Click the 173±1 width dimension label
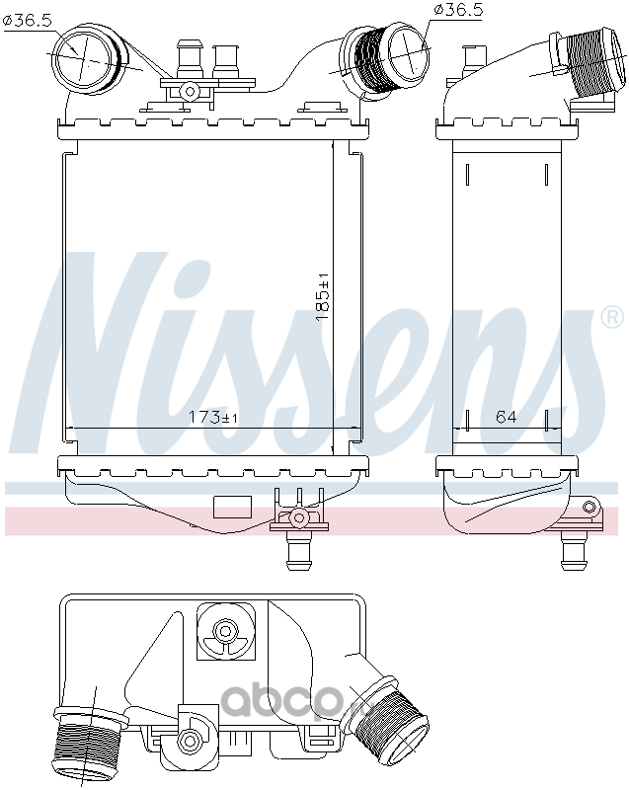tap(213, 417)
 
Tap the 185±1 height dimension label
tap(322, 297)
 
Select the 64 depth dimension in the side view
tap(506, 417)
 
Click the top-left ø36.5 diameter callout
tap(28, 21)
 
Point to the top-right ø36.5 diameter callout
tap(458, 10)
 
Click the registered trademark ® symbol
tap(613, 317)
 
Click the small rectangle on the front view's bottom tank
tap(232, 507)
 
